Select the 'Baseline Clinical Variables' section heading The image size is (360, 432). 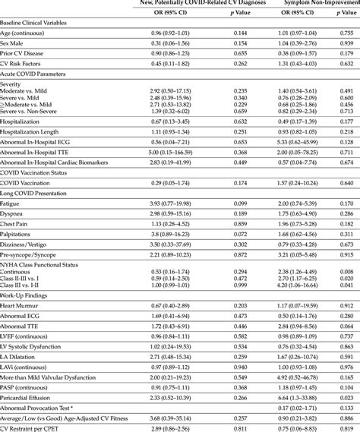point(39,23)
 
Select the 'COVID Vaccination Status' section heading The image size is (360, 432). point(37,173)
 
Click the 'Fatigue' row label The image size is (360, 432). point(12,204)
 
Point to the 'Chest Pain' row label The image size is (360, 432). point(17,225)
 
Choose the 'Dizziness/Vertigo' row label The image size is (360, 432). point(26,246)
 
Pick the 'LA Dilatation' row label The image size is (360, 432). point(20,355)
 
